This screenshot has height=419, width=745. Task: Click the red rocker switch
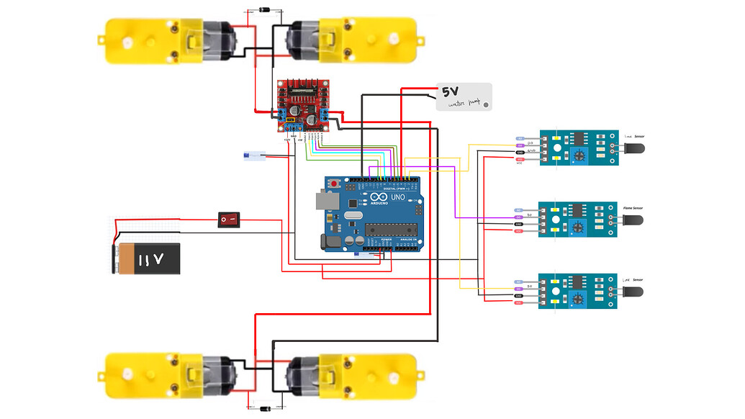(x=229, y=219)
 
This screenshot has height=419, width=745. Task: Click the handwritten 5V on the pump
(x=450, y=92)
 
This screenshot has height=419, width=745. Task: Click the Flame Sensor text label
(x=633, y=208)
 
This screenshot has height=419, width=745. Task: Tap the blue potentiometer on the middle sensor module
(x=577, y=226)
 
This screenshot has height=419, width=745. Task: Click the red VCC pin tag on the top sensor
(x=520, y=160)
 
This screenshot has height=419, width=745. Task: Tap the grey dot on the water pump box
(x=486, y=105)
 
